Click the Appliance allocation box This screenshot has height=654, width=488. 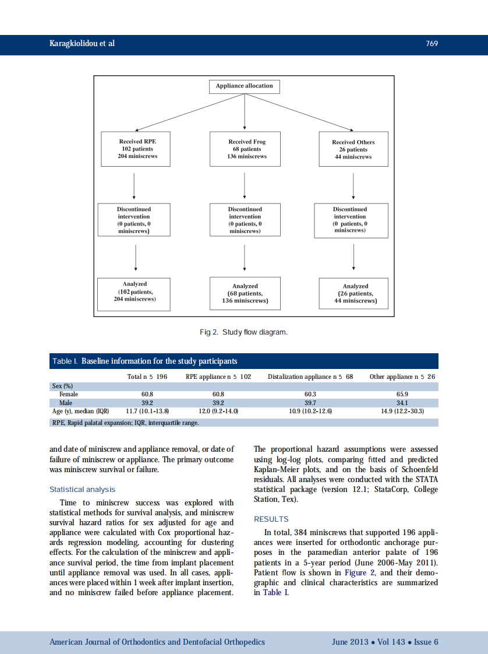244,86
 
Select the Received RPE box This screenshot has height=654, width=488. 137,149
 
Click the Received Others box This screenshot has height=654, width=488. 353,150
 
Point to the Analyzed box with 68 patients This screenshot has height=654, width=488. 245,294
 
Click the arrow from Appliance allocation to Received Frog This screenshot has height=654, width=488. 245,111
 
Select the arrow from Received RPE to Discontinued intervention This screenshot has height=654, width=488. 135,185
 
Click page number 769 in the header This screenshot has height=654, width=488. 432,44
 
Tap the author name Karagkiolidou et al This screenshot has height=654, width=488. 82,44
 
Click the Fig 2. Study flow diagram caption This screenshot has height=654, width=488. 243,332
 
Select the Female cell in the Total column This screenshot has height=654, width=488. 147,395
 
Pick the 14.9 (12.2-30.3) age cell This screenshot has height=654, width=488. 402,411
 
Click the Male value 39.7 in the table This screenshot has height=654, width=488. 310,403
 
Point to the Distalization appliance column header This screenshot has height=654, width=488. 310,377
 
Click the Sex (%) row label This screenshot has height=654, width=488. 62,386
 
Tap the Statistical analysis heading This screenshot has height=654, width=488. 82,490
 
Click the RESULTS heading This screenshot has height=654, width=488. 271,519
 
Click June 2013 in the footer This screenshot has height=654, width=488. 350,642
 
